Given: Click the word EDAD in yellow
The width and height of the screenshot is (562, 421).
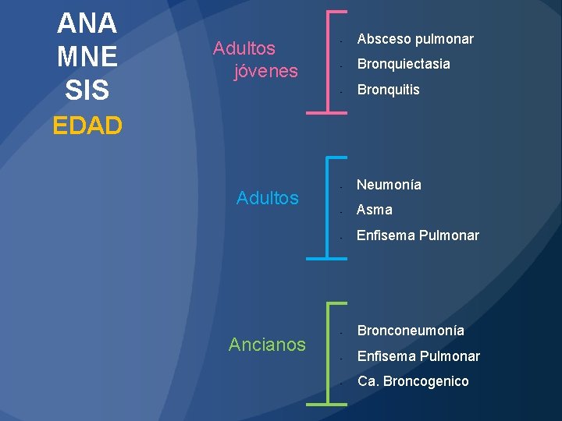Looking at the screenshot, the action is point(87,126).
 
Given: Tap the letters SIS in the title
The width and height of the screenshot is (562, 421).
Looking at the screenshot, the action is point(87,90).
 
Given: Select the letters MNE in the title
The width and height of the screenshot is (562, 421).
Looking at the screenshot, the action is point(87,57).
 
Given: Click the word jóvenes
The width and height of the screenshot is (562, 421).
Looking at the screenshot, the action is point(266,71).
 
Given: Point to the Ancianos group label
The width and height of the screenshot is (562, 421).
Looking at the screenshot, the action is point(267,344).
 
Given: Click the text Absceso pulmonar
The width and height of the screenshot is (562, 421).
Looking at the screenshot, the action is point(415,39).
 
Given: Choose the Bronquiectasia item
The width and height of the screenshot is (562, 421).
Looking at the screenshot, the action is point(404,64).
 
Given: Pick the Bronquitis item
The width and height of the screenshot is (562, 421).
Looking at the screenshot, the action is point(388,90).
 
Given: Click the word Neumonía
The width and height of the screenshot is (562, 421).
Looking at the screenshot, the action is point(389,185).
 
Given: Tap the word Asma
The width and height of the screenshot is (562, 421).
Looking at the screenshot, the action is point(375,210).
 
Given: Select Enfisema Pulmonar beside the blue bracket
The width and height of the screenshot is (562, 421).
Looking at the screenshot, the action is point(418,235).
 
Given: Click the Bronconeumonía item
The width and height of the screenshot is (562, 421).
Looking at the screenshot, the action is point(411,331).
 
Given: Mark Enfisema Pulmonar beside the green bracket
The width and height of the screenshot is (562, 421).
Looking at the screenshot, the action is point(418,356).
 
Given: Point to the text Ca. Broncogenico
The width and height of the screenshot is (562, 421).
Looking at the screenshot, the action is point(413,381).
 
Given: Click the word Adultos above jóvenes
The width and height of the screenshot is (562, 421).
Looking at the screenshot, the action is point(244,48).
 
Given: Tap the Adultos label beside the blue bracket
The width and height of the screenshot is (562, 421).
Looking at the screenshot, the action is point(267,198).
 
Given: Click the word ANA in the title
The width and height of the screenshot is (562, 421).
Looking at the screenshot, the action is point(87,23).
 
